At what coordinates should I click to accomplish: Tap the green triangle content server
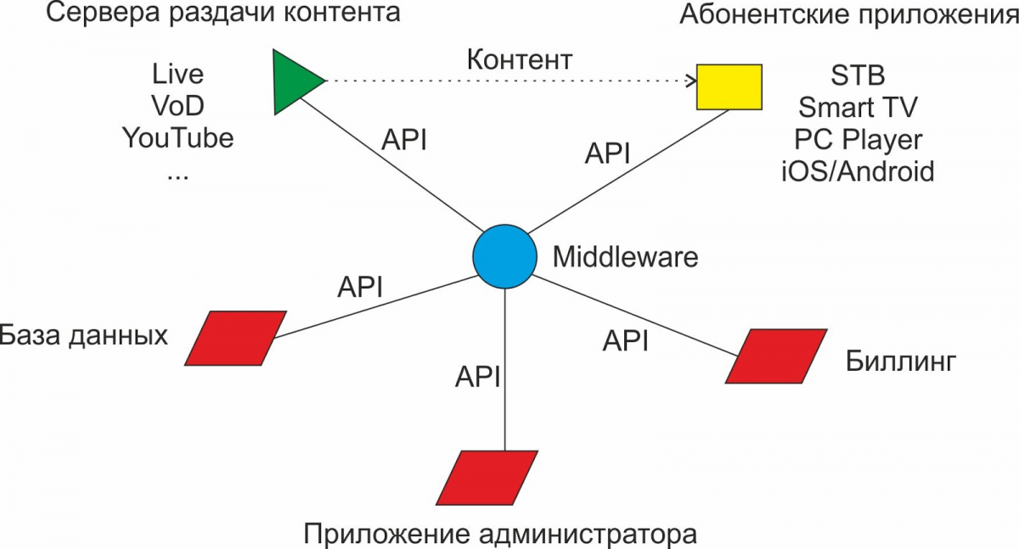[x=292, y=81]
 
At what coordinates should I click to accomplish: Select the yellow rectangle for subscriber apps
[x=729, y=87]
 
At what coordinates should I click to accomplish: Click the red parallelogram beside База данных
[x=234, y=338]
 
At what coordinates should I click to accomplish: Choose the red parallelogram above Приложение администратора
[x=487, y=477]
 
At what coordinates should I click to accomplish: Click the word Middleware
[x=626, y=256]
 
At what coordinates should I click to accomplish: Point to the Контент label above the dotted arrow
[x=520, y=60]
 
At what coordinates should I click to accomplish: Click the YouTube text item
[x=177, y=137]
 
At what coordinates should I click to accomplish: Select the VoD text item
[x=177, y=106]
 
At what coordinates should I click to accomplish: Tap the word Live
[x=177, y=74]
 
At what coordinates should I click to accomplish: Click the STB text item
[x=858, y=76]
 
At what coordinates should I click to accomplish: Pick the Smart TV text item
[x=858, y=108]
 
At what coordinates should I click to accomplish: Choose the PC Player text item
[x=858, y=139]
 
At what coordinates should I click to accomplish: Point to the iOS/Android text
[x=858, y=171]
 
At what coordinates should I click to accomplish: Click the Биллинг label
[x=901, y=362]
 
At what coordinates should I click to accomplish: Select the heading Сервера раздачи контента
[x=211, y=14]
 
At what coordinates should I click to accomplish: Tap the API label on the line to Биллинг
[x=626, y=341]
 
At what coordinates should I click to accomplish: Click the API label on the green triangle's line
[x=403, y=140]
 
